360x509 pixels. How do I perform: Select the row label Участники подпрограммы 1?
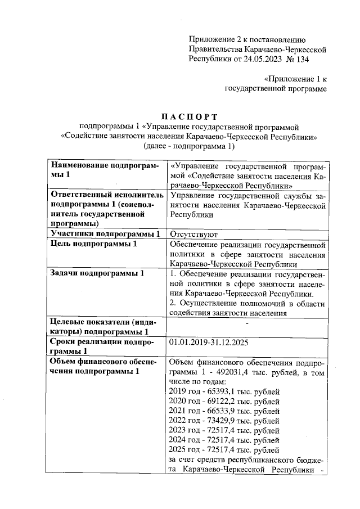coord(105,234)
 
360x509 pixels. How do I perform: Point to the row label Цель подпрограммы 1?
coord(93,244)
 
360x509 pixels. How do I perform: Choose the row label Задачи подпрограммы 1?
coord(97,274)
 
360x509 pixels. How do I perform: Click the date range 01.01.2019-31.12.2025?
coord(209,343)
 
